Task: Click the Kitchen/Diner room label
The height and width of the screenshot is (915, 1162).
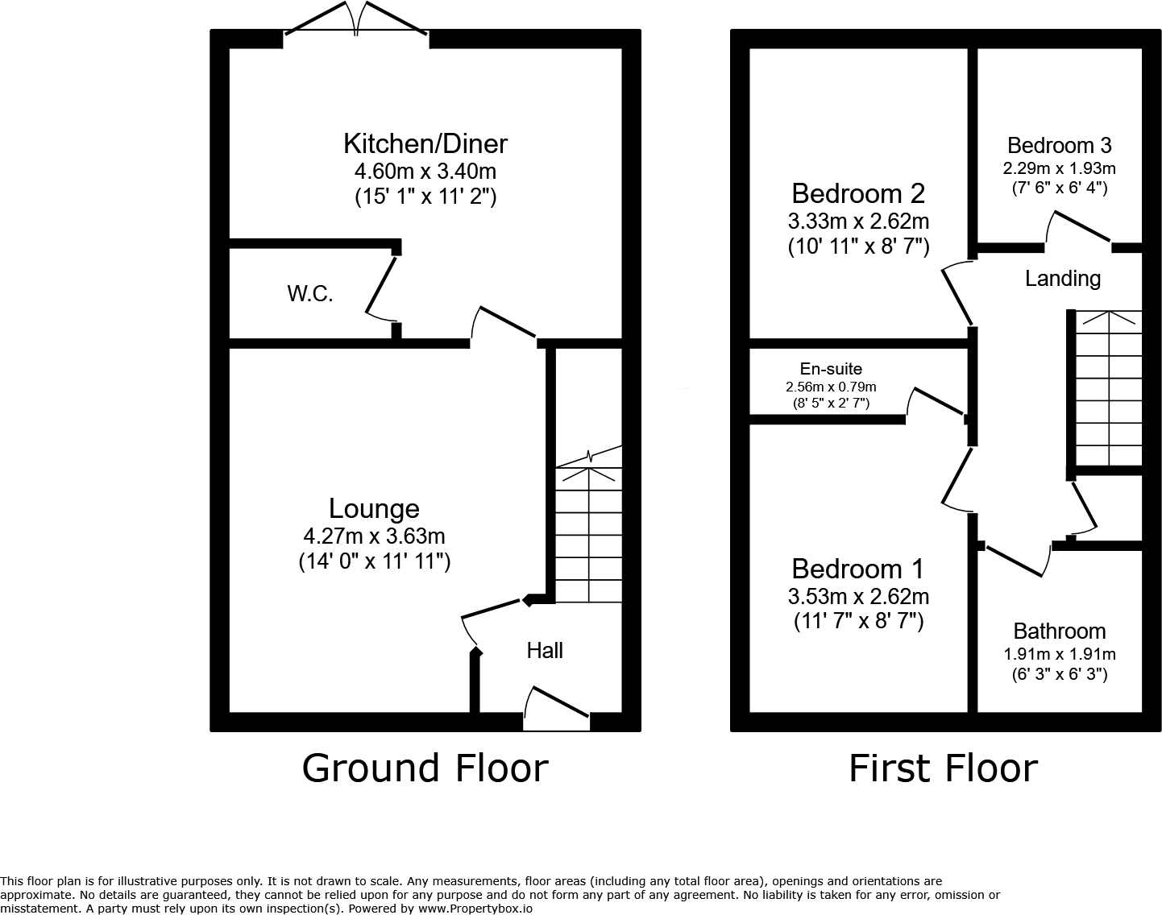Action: [425, 143]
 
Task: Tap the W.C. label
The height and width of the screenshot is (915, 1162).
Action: [310, 294]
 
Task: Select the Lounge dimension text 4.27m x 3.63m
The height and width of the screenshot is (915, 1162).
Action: [374, 536]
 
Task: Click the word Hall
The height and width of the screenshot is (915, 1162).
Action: [545, 650]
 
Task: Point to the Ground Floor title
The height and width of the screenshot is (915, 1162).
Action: [425, 768]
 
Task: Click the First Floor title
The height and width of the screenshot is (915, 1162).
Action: [943, 768]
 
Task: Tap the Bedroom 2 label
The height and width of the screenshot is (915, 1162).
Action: [858, 193]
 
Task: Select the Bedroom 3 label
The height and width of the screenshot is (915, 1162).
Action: [1059, 145]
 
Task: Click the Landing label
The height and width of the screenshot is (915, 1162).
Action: [1063, 278]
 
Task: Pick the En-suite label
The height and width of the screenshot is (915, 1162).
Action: [831, 369]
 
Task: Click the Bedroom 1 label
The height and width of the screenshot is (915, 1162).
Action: [858, 569]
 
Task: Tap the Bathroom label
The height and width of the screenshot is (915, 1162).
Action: [1060, 631]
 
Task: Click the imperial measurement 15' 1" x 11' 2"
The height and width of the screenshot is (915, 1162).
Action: [425, 197]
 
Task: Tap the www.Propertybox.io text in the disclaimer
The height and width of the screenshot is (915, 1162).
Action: [475, 908]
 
